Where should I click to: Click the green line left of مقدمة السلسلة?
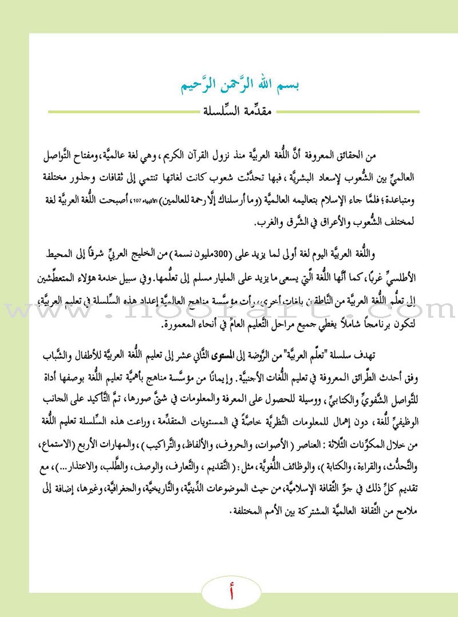(x=114, y=112)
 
